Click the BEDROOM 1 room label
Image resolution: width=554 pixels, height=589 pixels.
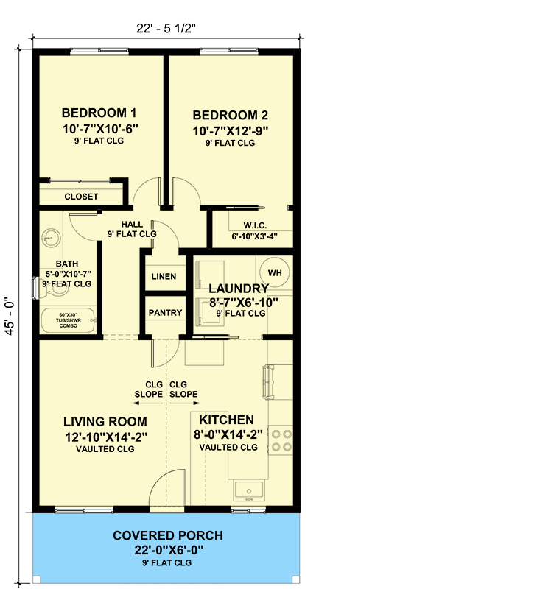(x=99, y=113)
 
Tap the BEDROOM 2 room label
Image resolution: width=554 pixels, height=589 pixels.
(x=230, y=116)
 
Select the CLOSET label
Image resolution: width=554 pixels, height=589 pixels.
(x=81, y=197)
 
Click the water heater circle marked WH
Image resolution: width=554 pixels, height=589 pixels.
(x=275, y=273)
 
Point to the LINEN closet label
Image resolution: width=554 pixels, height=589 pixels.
(x=164, y=277)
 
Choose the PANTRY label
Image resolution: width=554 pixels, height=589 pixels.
(x=165, y=313)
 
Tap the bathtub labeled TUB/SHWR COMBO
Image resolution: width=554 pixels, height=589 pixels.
(x=67, y=322)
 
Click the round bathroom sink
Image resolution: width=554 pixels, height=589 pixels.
(x=51, y=237)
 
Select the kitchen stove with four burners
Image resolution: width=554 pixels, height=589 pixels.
(x=281, y=440)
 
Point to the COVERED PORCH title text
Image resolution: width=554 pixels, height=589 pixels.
(x=167, y=536)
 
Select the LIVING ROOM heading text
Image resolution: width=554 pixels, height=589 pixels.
(x=105, y=422)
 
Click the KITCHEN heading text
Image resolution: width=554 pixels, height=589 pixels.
(x=227, y=420)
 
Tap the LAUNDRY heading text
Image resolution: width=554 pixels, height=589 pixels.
(x=238, y=289)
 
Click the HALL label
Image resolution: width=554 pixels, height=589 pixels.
(x=133, y=225)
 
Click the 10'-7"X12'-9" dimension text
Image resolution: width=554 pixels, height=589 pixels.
(x=230, y=130)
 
